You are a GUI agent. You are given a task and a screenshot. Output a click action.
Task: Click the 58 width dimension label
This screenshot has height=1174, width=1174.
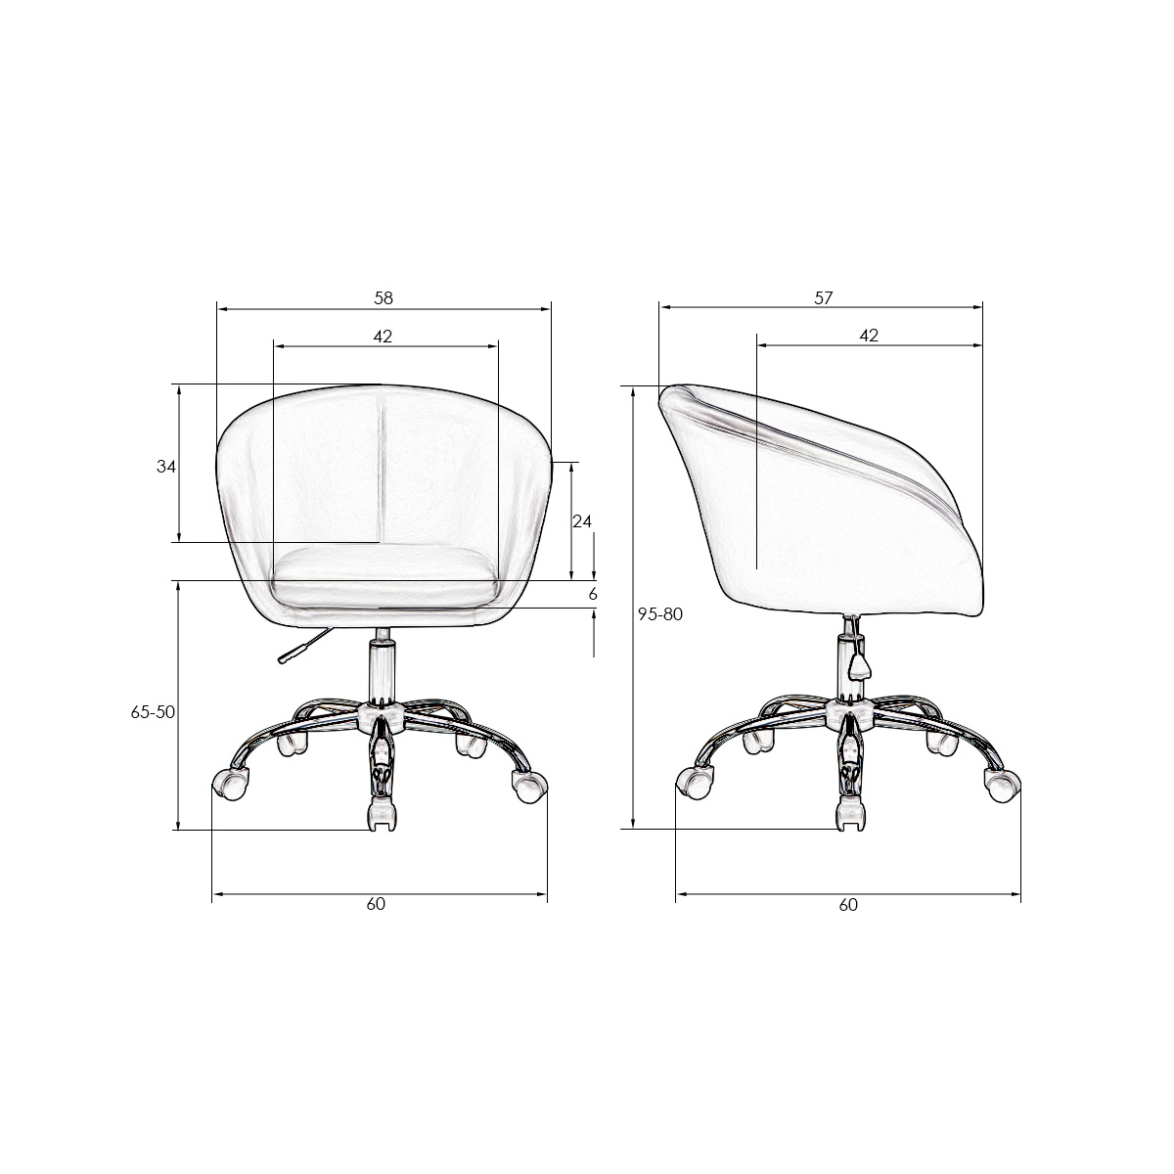click(384, 298)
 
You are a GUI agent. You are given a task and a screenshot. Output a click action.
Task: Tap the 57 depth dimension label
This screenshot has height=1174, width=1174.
click(823, 298)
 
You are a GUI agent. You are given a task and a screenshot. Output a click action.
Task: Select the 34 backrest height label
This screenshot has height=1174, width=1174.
click(165, 467)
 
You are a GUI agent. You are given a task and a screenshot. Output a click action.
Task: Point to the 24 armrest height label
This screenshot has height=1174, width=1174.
click(582, 520)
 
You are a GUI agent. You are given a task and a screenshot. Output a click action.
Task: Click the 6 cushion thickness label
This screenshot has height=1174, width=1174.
click(593, 594)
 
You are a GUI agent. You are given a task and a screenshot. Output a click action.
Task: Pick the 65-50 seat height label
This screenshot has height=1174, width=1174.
click(153, 711)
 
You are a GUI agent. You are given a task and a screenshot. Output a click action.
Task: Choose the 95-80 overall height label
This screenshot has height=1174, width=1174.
click(660, 614)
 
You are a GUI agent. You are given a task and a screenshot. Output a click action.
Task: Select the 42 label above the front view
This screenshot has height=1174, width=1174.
click(383, 336)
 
